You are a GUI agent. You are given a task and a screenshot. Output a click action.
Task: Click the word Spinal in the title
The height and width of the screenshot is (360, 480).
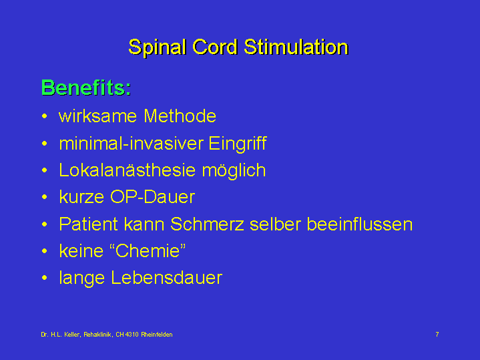(x=158, y=48)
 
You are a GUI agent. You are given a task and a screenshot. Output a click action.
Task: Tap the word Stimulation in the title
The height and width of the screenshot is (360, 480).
(x=296, y=47)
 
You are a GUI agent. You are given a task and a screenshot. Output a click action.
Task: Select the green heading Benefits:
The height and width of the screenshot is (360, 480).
(x=86, y=87)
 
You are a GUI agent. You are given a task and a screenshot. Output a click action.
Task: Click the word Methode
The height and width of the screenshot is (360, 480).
(x=180, y=116)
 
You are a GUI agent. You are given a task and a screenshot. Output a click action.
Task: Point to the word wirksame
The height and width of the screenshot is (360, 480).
(x=97, y=116)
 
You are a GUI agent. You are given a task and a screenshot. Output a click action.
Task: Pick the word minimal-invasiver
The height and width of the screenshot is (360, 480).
(x=132, y=143)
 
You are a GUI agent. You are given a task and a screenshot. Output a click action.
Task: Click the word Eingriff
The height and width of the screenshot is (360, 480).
(x=238, y=144)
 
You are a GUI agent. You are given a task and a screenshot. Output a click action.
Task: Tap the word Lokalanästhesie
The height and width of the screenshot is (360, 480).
(x=128, y=170)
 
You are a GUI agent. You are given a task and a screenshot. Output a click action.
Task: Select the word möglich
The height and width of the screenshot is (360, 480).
(x=234, y=171)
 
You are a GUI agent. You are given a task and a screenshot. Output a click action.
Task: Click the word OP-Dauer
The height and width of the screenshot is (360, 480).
(x=152, y=197)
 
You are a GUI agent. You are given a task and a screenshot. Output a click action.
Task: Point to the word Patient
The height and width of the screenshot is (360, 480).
(x=89, y=224)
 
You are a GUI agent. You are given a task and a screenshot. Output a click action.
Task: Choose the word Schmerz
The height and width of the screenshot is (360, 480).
(x=207, y=224)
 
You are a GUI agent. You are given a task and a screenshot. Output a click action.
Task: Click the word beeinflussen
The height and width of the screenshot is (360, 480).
(x=360, y=224)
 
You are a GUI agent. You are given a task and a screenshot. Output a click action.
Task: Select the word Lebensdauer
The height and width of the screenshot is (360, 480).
(x=166, y=278)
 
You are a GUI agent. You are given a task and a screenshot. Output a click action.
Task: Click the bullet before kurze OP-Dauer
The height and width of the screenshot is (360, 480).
(x=45, y=197)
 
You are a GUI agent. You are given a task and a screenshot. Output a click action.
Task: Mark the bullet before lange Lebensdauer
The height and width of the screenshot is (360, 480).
(x=45, y=278)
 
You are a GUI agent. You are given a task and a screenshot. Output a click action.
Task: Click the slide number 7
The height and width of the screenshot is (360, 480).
(x=437, y=334)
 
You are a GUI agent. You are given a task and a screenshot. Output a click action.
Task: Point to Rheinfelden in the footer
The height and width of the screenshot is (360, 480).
(x=157, y=335)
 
